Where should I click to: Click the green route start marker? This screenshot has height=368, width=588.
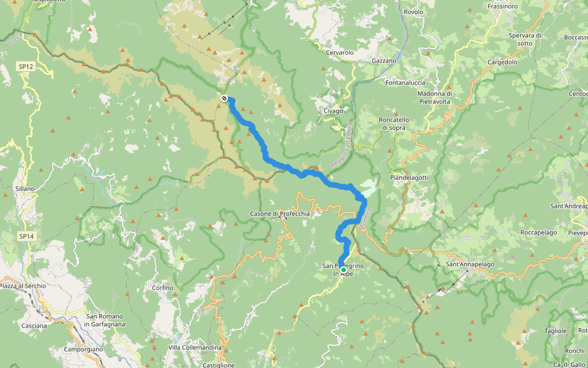pos(343,269)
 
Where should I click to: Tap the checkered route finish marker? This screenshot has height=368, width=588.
pos(224,98)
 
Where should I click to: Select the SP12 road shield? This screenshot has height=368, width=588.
pos(25,66)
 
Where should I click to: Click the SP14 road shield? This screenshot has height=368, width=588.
pos(25,236)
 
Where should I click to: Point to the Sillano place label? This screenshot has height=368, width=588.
pos(24,189)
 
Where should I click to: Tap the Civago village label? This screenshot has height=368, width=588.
pos(333,111)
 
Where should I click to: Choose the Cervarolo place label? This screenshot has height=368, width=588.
pos(340,53)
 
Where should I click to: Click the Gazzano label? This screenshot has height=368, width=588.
pos(384,61)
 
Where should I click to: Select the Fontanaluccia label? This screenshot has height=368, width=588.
pos(405,83)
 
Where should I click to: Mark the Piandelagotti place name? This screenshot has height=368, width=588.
pos(409,177)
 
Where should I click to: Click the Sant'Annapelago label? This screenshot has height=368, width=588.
pos(470,264)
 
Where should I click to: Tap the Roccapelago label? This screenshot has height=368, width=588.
pos(521,233)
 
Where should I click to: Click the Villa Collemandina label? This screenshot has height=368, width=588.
pos(194,348)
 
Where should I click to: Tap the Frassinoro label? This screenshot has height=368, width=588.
pos(503,6)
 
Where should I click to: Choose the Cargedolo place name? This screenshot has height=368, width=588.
pos(502,63)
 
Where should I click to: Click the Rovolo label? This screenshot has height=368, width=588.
pos(414,12)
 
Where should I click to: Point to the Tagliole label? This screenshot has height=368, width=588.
pos(556,331)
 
